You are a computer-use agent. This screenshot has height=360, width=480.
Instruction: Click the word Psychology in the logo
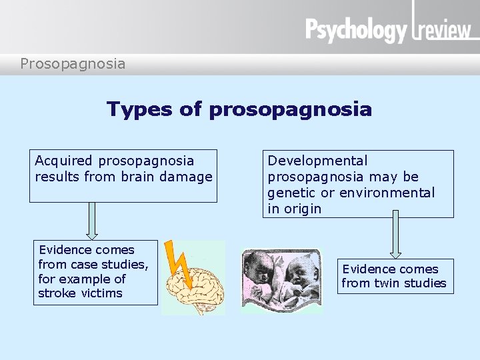356,30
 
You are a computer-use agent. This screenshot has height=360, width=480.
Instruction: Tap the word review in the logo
444,31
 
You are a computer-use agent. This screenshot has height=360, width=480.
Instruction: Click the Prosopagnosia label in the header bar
73,64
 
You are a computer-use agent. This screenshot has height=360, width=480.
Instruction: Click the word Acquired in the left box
64,161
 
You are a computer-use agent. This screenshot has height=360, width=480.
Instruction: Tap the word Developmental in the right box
317,161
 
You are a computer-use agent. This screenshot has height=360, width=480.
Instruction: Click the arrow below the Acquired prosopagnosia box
92,221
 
